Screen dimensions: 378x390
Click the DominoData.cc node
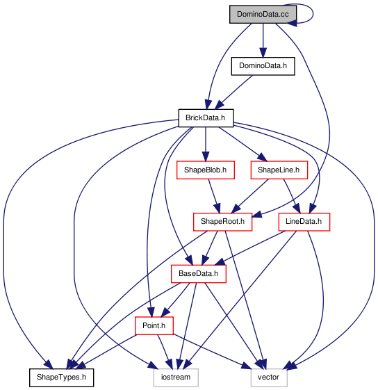263,15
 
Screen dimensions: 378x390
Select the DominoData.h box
263,66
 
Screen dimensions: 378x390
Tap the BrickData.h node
206,118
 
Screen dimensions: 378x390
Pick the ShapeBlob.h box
206,170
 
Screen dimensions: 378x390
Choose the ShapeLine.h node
279,170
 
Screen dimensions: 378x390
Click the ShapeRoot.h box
223,222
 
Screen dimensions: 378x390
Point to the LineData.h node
304,222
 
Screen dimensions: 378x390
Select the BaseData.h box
199,274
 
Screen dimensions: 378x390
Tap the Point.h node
154,325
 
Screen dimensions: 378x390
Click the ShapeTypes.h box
61,377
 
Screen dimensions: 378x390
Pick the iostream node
176,377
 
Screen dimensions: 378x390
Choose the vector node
269,377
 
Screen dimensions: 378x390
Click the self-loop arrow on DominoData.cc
313,14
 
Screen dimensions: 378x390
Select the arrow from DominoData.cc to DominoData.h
263,40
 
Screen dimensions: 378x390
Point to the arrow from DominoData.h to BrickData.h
233,92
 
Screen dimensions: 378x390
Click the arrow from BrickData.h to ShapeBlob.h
206,144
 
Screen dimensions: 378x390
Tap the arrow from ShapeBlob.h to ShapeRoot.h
214,196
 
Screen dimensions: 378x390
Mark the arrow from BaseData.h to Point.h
175,300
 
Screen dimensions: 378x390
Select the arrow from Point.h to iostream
164,352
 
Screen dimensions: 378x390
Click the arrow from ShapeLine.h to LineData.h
292,196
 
